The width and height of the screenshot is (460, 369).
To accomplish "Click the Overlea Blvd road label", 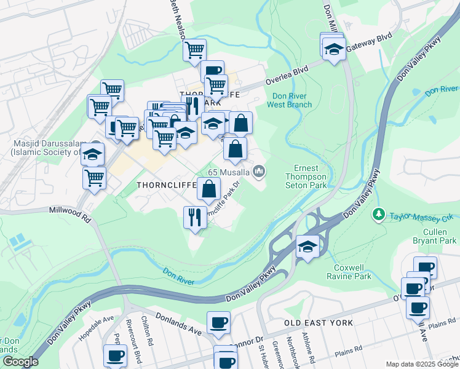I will pyautogui.click(x=286, y=80).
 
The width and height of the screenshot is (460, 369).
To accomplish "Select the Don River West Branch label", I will pyautogui.click(x=289, y=100).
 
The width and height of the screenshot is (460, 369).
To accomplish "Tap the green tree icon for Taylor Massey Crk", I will pyautogui.click(x=379, y=216).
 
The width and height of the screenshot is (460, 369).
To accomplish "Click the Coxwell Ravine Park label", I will pyautogui.click(x=352, y=272).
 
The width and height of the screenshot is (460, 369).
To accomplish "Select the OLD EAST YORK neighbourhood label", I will pyautogui.click(x=319, y=323).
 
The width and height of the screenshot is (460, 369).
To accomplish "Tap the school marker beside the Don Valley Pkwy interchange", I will pyautogui.click(x=307, y=247).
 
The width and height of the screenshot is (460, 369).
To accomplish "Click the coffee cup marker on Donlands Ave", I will pyautogui.click(x=218, y=322).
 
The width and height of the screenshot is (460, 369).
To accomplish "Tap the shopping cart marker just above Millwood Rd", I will pyautogui.click(x=94, y=178).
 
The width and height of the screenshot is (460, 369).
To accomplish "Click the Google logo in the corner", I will pyautogui.click(x=20, y=362).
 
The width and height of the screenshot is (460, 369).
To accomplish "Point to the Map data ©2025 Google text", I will pyautogui.click(x=421, y=364).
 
